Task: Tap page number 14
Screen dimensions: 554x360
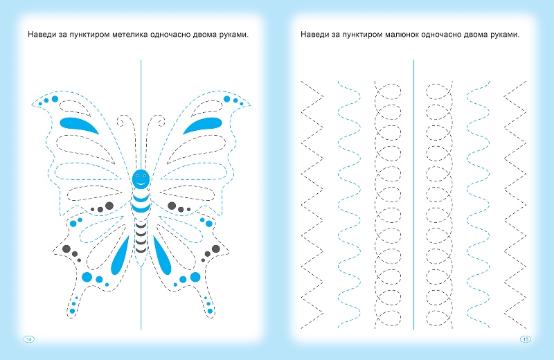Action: tap(29, 339)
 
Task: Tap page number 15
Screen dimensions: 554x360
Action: tap(526, 339)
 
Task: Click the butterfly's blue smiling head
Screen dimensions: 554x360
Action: tap(141, 179)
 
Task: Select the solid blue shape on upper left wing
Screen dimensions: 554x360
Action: tap(78, 125)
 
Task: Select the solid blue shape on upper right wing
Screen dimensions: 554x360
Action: tap(203, 125)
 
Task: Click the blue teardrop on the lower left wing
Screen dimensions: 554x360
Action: tap(120, 255)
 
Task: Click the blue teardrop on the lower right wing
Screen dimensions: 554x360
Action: tap(162, 255)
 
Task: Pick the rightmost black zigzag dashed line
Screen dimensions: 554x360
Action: tap(515, 205)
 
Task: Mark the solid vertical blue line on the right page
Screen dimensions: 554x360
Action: tap(413, 195)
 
